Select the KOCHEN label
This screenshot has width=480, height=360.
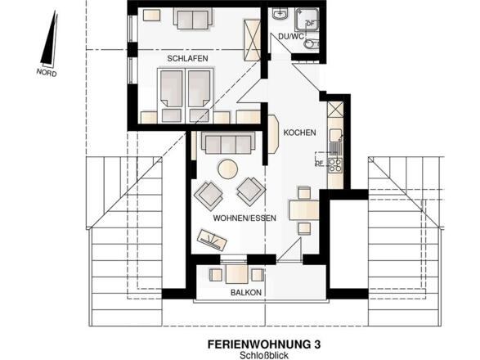(x=299, y=133)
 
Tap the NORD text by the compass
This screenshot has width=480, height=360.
(x=48, y=71)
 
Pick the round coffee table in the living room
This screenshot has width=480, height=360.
(x=227, y=170)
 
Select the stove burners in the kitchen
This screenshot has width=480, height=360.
(x=335, y=163)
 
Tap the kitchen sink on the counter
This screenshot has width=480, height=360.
(x=335, y=134)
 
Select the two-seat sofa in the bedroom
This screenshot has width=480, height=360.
(x=193, y=18)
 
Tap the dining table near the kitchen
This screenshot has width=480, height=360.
(x=305, y=209)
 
